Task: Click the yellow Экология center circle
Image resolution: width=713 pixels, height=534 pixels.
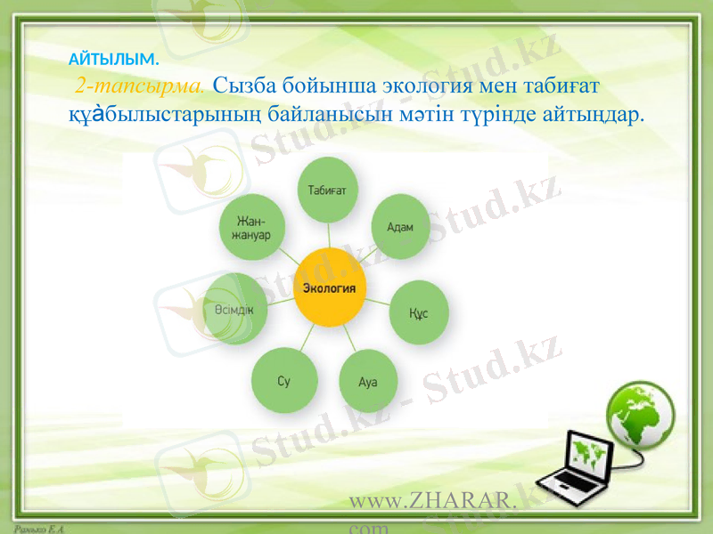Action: (x=329, y=288)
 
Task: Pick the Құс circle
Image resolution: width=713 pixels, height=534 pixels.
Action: (x=417, y=312)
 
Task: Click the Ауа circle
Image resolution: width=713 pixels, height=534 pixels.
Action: (x=368, y=381)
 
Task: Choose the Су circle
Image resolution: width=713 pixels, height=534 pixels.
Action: (x=284, y=381)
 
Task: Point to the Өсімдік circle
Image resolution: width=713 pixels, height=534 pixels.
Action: (x=234, y=308)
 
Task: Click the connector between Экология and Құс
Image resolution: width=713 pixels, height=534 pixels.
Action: (x=377, y=302)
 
